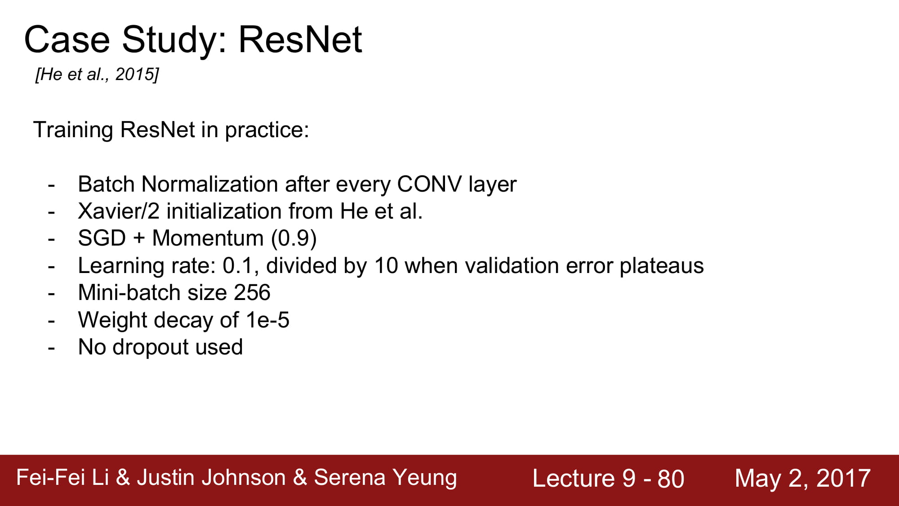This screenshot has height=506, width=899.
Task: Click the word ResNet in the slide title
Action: (x=300, y=40)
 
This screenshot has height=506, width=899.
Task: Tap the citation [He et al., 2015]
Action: (x=97, y=74)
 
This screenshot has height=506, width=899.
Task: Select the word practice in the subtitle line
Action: (x=267, y=130)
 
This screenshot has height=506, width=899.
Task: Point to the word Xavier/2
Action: (x=119, y=211)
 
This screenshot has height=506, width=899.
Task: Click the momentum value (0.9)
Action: (x=294, y=238)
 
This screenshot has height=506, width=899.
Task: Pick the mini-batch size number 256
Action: (x=252, y=293)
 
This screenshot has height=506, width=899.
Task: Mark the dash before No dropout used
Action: (x=51, y=348)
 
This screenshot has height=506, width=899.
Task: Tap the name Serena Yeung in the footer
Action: (x=385, y=478)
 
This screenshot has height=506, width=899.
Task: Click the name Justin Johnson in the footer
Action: (x=211, y=478)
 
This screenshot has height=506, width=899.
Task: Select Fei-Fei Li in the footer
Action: (x=62, y=478)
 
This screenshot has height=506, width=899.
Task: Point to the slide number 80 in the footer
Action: (x=671, y=479)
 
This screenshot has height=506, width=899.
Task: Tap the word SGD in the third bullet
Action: (x=102, y=238)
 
